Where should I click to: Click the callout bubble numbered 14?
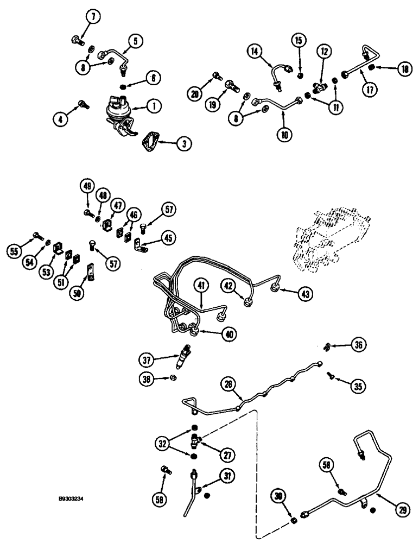[256, 52]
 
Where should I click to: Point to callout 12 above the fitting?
[324, 52]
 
